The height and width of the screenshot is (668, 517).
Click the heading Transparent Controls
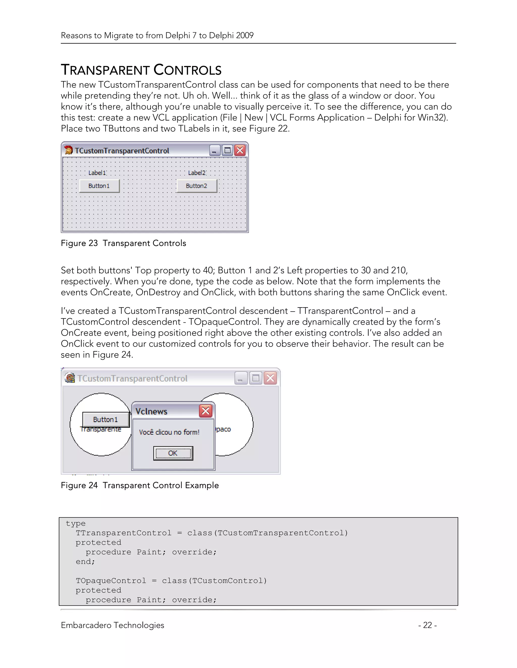pos(141,70)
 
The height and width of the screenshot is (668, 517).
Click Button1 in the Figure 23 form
pos(99,186)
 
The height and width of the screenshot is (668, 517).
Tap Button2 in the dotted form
pos(196,186)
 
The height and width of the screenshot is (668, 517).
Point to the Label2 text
pos(197,173)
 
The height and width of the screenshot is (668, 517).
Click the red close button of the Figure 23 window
pos(240,150)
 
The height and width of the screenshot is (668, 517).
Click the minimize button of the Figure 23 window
pos(215,150)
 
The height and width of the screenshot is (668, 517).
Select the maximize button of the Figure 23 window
pos(227,150)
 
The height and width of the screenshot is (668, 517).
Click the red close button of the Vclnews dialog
pos(205,411)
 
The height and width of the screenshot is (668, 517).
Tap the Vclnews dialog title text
pos(151,411)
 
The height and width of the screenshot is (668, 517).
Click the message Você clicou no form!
pos(169,432)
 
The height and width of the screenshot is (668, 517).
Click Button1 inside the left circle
pos(105,419)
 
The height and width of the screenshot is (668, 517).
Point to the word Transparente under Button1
pos(101,430)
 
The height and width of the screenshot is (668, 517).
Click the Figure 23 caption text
pos(123,243)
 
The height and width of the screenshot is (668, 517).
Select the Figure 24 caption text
pos(140,485)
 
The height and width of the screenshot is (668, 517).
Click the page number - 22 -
pos(427,625)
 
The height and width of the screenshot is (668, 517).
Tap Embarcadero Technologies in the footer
pos(112,625)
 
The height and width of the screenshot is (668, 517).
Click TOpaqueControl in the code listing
pos(111,581)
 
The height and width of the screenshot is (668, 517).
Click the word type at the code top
pos(76,523)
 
